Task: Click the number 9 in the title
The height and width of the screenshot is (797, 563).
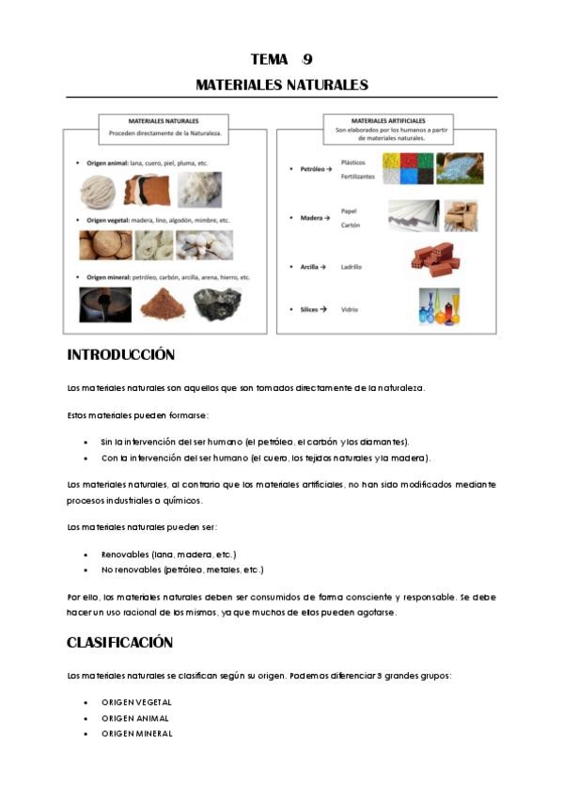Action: coord(307,59)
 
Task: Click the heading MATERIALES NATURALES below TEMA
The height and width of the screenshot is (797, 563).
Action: coord(281,85)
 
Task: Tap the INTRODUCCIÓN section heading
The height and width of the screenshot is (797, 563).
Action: coord(121,355)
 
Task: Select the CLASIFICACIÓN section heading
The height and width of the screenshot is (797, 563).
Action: coord(119,643)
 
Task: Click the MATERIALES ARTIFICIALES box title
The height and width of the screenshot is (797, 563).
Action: coord(387,121)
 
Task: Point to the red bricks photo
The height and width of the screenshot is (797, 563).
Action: coord(432,259)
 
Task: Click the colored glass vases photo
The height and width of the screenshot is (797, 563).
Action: coord(439,305)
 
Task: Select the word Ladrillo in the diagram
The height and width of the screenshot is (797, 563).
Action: coord(352,267)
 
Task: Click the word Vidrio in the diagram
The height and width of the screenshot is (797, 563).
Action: coord(349,309)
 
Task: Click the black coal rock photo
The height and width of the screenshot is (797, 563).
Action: coord(216,304)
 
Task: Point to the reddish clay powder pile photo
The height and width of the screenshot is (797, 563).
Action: coord(162,304)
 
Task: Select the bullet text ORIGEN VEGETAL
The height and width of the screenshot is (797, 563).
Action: coord(137,702)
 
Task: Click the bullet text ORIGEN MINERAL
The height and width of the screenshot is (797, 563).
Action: coord(137,734)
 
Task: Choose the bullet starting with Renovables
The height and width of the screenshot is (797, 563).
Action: coord(168,555)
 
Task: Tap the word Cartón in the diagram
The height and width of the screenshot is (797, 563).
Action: coord(351,226)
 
